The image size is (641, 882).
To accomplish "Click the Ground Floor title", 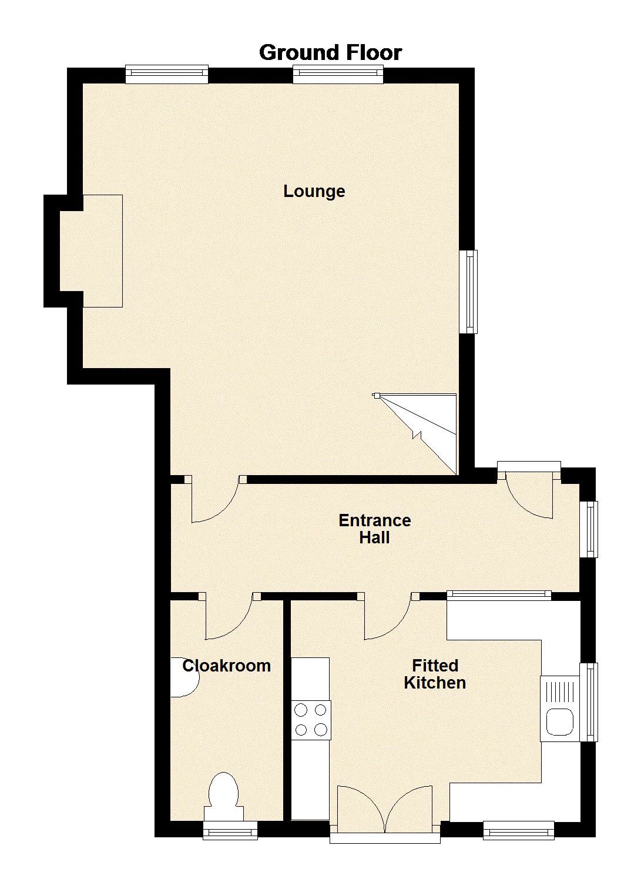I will tap(330, 53).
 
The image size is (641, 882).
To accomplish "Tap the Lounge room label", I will tap(314, 191).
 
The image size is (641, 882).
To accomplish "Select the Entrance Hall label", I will tap(374, 529).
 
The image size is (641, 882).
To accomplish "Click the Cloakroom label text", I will tap(226, 666).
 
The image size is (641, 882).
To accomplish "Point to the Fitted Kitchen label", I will tap(435, 674).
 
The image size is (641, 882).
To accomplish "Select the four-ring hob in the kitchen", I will tap(311, 720).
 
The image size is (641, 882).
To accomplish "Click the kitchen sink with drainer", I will tap(560, 708).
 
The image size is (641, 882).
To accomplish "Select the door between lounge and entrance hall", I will tap(214, 500).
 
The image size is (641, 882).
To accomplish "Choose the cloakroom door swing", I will tap(229, 617).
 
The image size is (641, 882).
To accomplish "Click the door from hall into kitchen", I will tap(388, 617).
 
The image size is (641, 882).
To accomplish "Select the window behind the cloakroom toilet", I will tap(230, 830).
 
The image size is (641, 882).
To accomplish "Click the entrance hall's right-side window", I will tap(589, 529).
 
